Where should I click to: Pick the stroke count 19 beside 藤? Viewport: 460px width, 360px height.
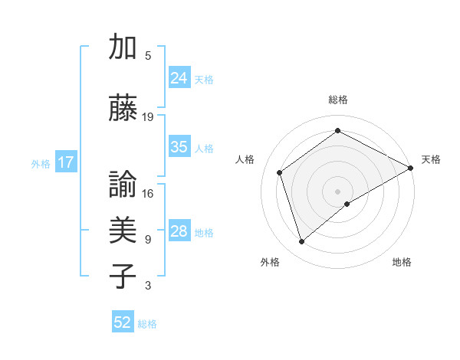(148, 116)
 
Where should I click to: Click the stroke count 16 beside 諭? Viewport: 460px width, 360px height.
(148, 193)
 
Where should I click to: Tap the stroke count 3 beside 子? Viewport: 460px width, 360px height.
(147, 286)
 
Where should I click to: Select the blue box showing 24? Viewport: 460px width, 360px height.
(179, 77)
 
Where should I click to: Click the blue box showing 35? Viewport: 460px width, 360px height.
(179, 147)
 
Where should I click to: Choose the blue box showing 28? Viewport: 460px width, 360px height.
(179, 231)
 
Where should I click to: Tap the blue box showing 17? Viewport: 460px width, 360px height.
(66, 162)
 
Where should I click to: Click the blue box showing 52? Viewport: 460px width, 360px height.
(123, 322)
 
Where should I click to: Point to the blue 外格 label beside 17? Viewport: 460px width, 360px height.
(41, 163)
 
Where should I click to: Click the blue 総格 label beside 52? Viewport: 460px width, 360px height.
(147, 323)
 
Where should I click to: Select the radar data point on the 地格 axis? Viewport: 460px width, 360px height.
(347, 204)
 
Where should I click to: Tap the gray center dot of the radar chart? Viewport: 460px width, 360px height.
(337, 190)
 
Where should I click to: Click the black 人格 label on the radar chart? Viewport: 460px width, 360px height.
(245, 159)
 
